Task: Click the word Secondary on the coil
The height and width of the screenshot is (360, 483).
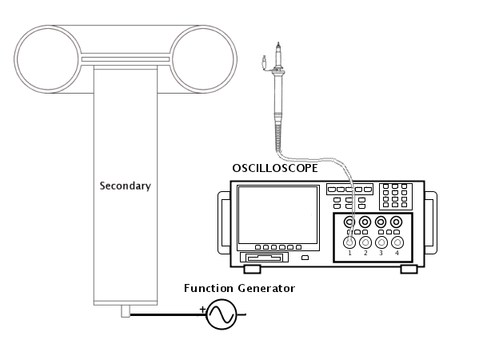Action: (125, 186)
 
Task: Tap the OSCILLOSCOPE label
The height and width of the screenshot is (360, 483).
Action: (275, 168)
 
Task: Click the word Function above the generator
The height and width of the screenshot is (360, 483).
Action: (209, 288)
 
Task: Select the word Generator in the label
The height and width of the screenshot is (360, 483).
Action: (266, 288)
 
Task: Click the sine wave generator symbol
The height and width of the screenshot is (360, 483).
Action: (222, 314)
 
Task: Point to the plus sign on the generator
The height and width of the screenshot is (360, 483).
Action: (202, 309)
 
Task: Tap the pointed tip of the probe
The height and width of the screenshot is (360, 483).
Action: (278, 43)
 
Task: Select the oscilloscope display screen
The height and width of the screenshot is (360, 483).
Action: (278, 215)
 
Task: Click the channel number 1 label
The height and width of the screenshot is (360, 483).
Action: (349, 253)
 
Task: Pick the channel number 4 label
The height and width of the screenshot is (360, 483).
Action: (397, 253)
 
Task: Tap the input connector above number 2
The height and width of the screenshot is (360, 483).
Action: (365, 242)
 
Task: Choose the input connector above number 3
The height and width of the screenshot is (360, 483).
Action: (381, 242)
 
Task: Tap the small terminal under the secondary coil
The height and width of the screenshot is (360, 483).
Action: (126, 311)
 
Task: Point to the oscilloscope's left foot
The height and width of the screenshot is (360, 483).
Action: (252, 269)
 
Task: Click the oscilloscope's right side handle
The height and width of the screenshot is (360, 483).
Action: (431, 223)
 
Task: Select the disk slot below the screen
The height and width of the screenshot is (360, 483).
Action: (264, 257)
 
